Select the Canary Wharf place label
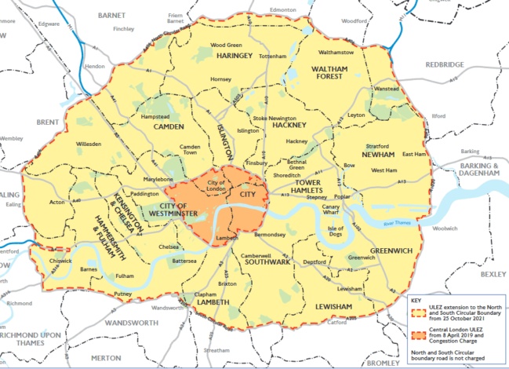pos(330,208)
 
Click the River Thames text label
pos(399,225)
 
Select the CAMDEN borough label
pos(168,126)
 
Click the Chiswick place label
pos(60,261)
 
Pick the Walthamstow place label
pos(336,53)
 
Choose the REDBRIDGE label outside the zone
pos(445,65)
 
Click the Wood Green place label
pos(226,46)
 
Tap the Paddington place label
pos(144,192)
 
